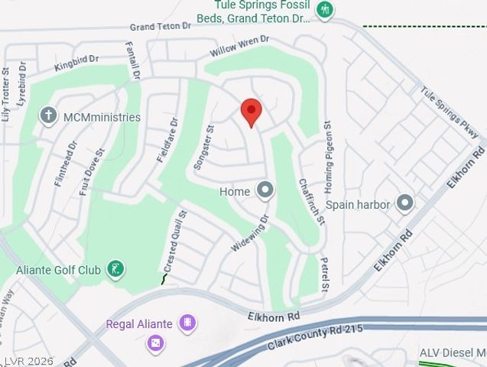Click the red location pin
point(252,113)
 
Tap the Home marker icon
point(265,190)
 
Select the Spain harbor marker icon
point(404,203)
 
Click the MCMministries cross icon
point(49,116)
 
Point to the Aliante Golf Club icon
point(115,268)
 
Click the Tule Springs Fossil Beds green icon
point(325,10)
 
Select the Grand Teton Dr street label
point(161,26)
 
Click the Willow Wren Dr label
point(240,49)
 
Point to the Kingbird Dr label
point(76,63)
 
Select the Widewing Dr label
point(251,233)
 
